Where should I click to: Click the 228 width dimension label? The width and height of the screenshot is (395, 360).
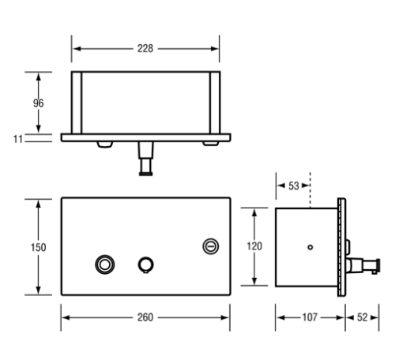(145, 48)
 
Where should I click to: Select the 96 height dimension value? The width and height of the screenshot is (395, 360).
(38, 103)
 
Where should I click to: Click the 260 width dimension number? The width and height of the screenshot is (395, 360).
(145, 317)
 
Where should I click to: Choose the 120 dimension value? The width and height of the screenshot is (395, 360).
(254, 246)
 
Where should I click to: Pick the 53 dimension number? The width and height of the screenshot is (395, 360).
(293, 186)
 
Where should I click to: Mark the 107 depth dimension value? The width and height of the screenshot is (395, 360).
(310, 317)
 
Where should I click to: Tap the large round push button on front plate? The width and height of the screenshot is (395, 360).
(103, 264)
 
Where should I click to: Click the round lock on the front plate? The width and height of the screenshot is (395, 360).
(210, 246)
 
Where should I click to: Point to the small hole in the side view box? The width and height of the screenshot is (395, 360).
(310, 247)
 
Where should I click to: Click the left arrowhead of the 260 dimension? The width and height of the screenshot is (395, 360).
(65, 317)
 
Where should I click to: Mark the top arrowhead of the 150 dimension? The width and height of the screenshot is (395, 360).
(38, 201)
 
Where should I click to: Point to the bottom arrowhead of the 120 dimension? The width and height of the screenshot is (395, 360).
(254, 283)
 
